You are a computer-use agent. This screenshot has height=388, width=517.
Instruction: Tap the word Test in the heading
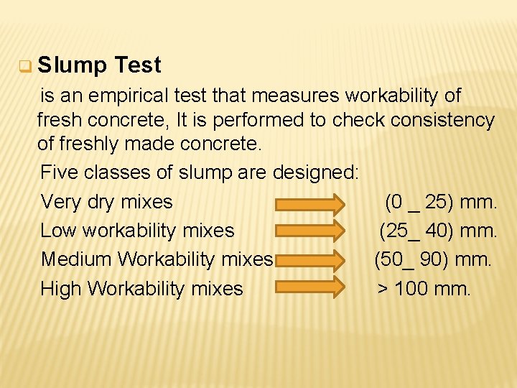coord(137,66)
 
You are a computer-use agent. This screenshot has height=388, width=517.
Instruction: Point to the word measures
coord(307,96)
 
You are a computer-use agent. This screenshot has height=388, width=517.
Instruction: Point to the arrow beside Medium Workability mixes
coord(310,260)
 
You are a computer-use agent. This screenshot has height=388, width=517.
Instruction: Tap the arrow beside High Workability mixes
coord(310,288)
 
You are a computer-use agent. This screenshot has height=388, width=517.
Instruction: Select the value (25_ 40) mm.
coord(438,231)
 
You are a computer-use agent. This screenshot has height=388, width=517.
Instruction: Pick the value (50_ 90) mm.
coord(433,259)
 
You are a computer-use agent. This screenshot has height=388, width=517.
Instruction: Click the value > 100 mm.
coord(424,289)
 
